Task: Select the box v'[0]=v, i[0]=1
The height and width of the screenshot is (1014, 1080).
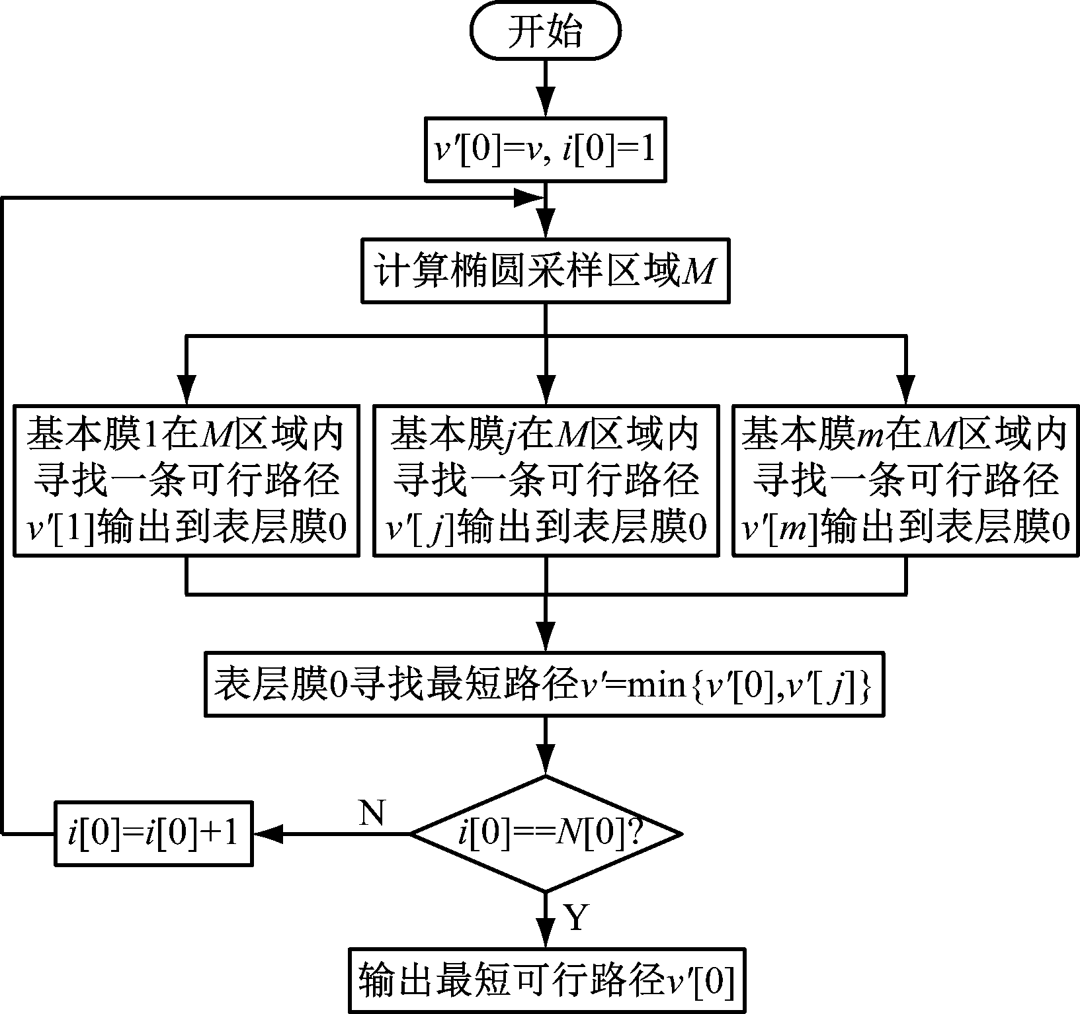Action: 545,149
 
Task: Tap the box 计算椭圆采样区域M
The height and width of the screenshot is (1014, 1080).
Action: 545,271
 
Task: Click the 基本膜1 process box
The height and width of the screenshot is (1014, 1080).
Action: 187,480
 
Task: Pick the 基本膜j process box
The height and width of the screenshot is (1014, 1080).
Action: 546,480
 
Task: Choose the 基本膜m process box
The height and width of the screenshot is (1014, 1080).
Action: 905,480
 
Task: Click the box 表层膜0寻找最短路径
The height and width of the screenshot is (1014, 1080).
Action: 545,685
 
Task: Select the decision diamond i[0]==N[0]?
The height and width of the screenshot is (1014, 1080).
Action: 545,834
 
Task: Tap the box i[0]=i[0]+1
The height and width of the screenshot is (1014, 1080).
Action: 153,834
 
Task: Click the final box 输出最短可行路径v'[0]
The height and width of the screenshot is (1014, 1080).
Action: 545,981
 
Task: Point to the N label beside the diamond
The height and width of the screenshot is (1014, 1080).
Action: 372,812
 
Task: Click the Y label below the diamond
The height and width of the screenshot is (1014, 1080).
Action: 575,918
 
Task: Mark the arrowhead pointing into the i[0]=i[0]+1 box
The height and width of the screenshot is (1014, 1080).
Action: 269,834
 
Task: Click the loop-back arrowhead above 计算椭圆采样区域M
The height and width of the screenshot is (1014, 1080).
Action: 529,197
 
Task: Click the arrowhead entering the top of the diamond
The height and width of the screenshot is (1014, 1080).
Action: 546,761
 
